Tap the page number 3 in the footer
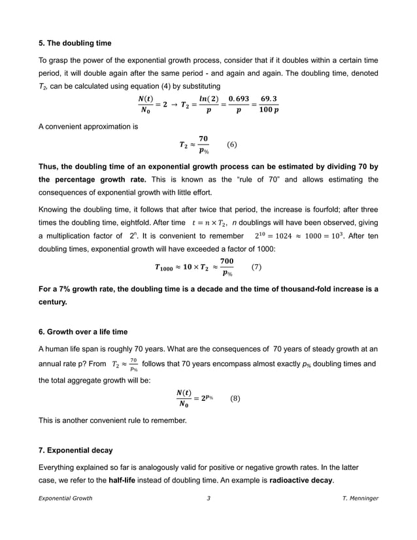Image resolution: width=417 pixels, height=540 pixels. [x=208, y=516]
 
